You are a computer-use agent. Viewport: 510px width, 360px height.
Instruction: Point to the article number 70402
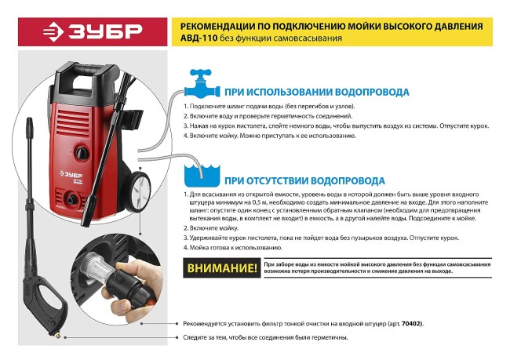[x=410, y=322]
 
